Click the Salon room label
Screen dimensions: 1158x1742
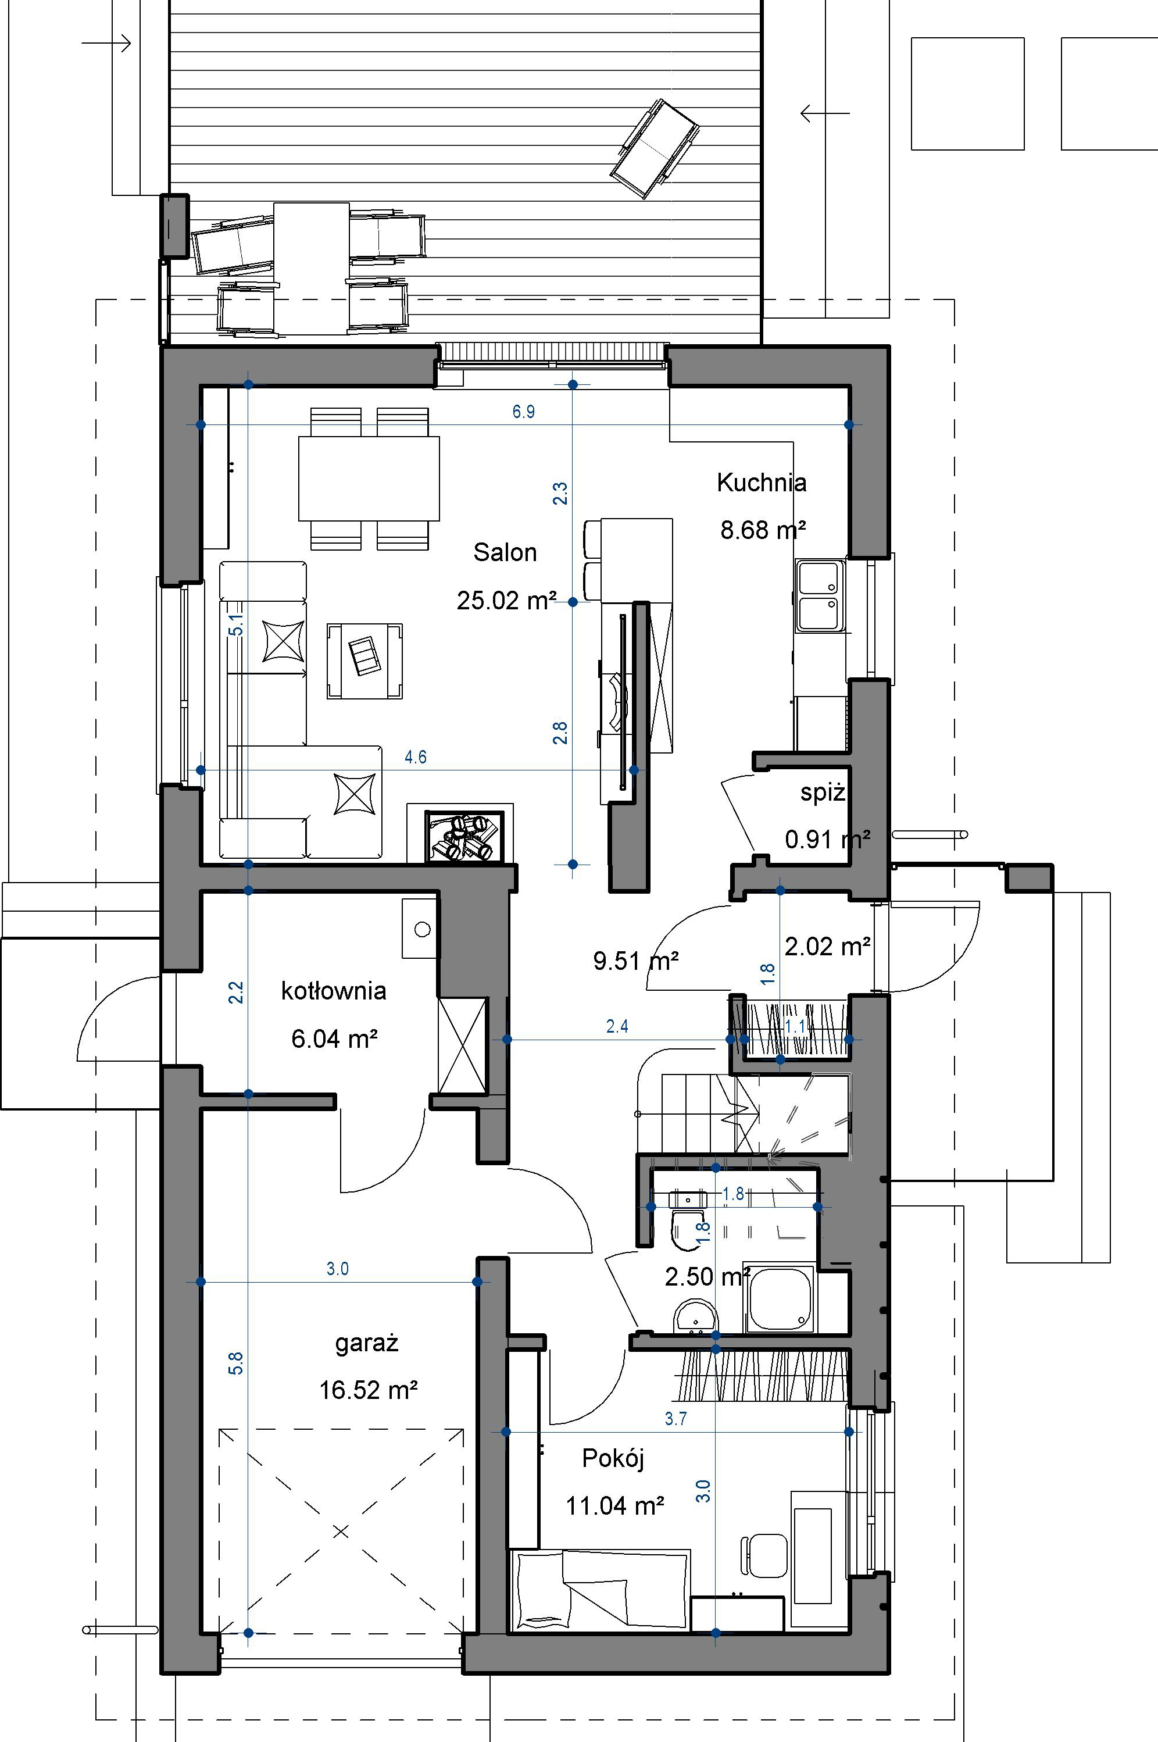click(x=505, y=552)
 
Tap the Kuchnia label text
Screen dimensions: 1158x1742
click(x=762, y=483)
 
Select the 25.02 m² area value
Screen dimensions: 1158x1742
click(x=506, y=601)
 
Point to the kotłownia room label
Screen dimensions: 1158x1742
click(x=334, y=991)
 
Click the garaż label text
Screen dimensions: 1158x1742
click(x=367, y=1343)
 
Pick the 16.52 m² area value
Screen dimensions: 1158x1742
click(x=369, y=1390)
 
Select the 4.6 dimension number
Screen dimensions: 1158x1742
click(x=416, y=757)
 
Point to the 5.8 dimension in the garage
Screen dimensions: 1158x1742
click(x=235, y=1362)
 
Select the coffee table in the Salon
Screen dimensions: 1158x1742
click(x=365, y=660)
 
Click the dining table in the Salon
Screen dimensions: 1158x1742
click(x=369, y=479)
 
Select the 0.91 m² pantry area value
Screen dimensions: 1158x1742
click(x=827, y=840)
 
